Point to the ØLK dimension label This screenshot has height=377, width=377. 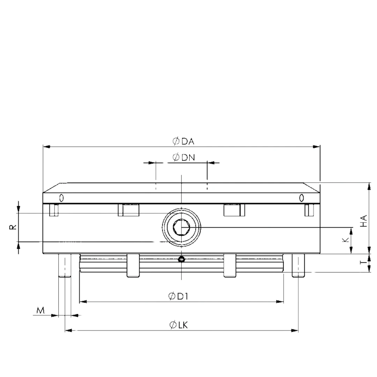coord(179,325)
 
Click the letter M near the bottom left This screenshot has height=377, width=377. coord(41,310)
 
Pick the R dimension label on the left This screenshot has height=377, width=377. coord(13,227)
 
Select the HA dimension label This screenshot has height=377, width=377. coord(364,221)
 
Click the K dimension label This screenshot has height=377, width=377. coord(345,240)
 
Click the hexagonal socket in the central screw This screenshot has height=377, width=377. coord(181,228)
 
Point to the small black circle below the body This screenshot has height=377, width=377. coord(181,259)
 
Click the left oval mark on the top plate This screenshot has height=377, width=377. coord(61,198)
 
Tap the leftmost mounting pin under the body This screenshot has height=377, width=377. coord(65,266)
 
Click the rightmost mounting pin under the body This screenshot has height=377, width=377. coord(298,266)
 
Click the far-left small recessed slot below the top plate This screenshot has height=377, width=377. coord(54,210)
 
